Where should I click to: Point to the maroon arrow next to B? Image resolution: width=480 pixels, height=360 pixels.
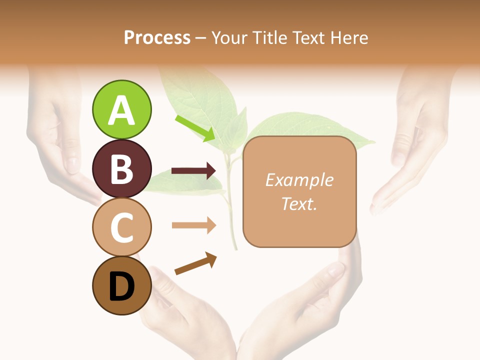point(193,171)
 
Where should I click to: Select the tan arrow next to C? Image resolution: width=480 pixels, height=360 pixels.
point(193,225)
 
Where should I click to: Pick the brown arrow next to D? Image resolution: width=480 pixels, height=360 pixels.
point(195,263)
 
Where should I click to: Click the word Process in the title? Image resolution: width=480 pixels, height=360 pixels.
point(157,37)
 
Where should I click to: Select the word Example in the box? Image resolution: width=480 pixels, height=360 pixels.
point(299,180)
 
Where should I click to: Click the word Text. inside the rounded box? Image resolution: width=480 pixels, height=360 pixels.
point(299,203)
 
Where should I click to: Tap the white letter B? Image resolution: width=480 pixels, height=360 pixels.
point(121,169)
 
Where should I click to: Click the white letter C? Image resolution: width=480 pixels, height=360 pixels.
point(121,227)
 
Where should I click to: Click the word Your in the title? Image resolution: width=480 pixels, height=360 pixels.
point(229,37)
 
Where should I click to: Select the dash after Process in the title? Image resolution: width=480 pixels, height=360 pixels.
point(201,38)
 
